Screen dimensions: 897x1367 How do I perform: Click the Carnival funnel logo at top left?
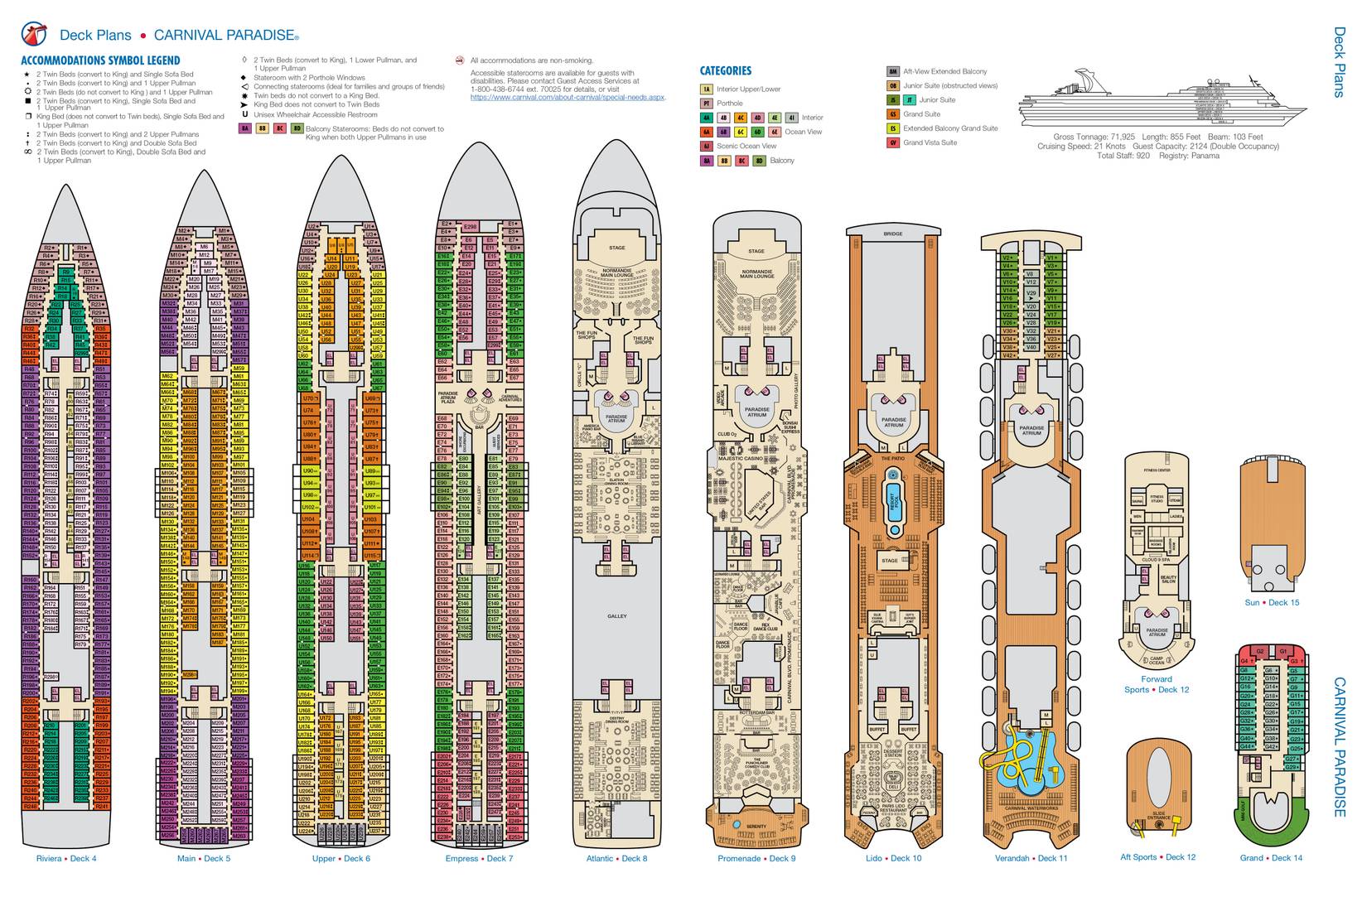click(34, 33)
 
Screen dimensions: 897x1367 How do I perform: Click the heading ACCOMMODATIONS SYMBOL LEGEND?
click(100, 60)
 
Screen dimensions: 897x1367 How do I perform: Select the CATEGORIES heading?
click(725, 71)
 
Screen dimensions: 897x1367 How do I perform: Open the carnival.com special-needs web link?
click(568, 98)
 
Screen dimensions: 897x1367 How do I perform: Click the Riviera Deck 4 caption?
click(66, 858)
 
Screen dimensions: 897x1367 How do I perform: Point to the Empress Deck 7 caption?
click(479, 858)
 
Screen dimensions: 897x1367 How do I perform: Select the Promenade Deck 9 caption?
click(756, 858)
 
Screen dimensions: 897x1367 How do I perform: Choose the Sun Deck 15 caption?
click(1272, 602)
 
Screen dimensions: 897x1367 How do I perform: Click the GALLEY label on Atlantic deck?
click(616, 616)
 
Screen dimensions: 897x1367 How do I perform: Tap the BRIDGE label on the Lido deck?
click(893, 234)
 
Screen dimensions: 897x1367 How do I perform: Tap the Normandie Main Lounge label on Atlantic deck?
click(616, 273)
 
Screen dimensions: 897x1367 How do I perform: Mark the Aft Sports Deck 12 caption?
click(1157, 857)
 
